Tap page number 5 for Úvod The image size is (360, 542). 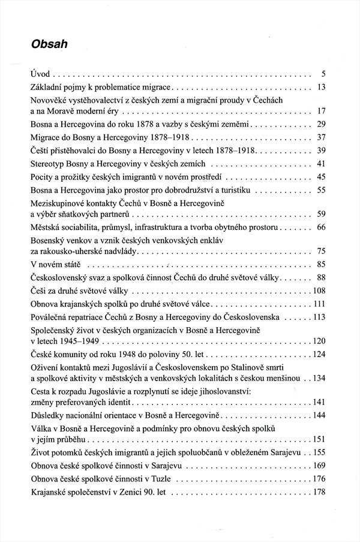(323, 75)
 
